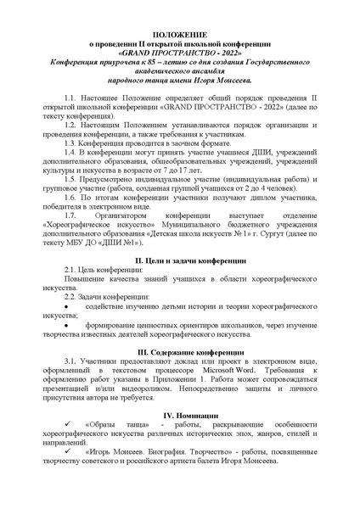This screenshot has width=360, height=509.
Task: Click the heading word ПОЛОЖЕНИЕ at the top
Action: coord(179,32)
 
